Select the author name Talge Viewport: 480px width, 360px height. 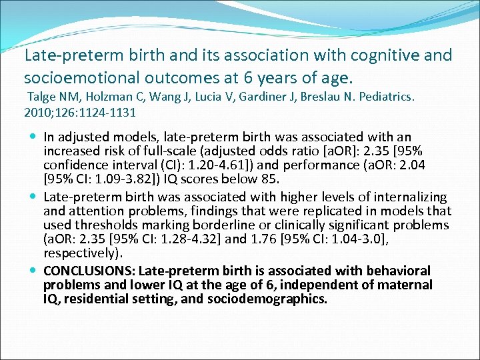tap(41, 97)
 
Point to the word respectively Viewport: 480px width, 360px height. tap(75, 253)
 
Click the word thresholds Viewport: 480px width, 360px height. tap(104, 225)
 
